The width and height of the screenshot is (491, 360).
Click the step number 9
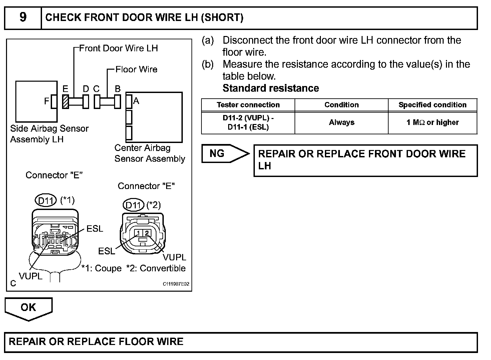[x=23, y=17]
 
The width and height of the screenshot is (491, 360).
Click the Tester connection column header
[x=248, y=105]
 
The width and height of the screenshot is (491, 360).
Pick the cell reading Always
[x=342, y=123]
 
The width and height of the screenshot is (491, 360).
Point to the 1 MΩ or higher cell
[x=433, y=123]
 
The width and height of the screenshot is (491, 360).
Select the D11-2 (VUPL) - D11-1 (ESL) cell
[x=248, y=123]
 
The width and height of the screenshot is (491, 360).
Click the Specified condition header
[x=433, y=105]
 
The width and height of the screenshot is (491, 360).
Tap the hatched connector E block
[x=66, y=102]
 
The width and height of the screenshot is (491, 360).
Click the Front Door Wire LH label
[x=118, y=48]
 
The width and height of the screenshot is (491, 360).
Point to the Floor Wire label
[x=136, y=70]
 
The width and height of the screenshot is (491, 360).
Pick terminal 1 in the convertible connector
[x=138, y=233]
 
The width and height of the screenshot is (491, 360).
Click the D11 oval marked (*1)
[x=46, y=201]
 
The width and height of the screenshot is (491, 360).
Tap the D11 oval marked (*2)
[x=133, y=205]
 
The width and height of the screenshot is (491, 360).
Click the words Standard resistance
[x=271, y=88]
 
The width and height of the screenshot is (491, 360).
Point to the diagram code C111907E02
[x=176, y=284]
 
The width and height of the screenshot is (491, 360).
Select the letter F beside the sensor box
[x=47, y=101]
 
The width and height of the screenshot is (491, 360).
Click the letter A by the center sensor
[x=136, y=101]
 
